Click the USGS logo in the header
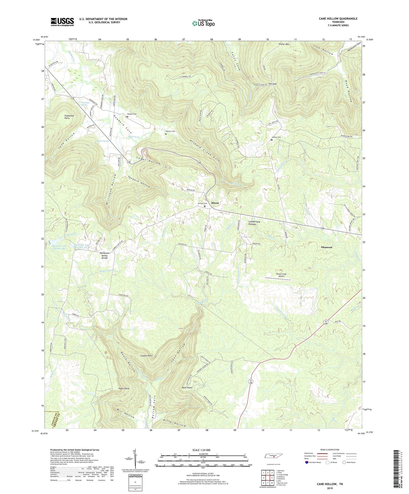pyautogui.click(x=62, y=22)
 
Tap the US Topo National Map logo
pyautogui.click(x=203, y=23)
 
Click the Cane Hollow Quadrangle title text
pyautogui.click(x=338, y=19)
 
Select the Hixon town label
pyautogui.click(x=215, y=203)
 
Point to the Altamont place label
pyautogui.click(x=326, y=247)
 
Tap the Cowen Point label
pyautogui.click(x=147, y=356)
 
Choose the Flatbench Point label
pyautogui.click(x=67, y=117)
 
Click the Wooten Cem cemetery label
pyautogui.click(x=132, y=114)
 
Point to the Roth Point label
pyautogui.click(x=187, y=388)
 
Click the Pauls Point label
pyautogui.click(x=124, y=388)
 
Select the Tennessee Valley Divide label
pyautogui.click(x=105, y=255)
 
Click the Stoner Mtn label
pyautogui.click(x=284, y=44)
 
